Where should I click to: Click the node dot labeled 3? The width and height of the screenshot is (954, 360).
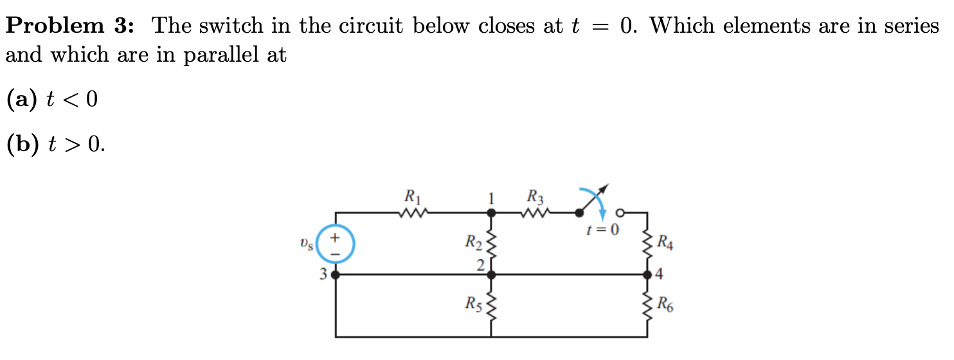335,274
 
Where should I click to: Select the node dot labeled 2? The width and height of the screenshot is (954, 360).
492,274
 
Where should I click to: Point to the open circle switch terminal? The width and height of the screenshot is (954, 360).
620,213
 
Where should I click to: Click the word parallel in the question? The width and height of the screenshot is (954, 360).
219,56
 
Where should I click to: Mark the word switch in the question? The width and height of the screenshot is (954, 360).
239,26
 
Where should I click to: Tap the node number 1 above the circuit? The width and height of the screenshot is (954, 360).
491,198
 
